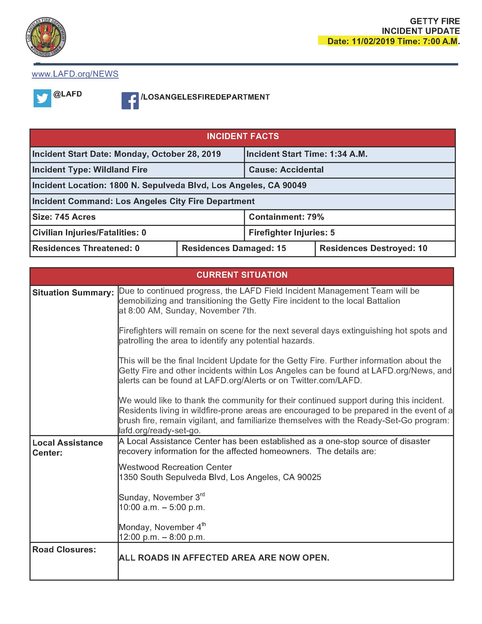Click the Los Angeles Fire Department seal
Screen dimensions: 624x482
[46, 37]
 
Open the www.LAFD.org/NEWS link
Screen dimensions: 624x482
[75, 74]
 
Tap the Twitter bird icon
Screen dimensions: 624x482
[42, 98]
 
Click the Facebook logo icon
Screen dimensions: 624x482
[130, 101]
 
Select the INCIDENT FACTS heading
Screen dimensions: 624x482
[242, 136]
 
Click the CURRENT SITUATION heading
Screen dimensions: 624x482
[242, 275]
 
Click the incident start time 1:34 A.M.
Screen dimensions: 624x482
[348, 154]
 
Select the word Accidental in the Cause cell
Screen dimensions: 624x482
[302, 170]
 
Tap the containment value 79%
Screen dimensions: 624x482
[316, 217]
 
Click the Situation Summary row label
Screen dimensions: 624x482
[73, 293]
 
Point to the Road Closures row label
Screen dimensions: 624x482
[64, 549]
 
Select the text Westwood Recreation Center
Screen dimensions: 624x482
[175, 467]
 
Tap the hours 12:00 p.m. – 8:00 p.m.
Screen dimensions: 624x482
[162, 537]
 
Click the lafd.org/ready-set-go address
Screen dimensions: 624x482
[160, 430]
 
